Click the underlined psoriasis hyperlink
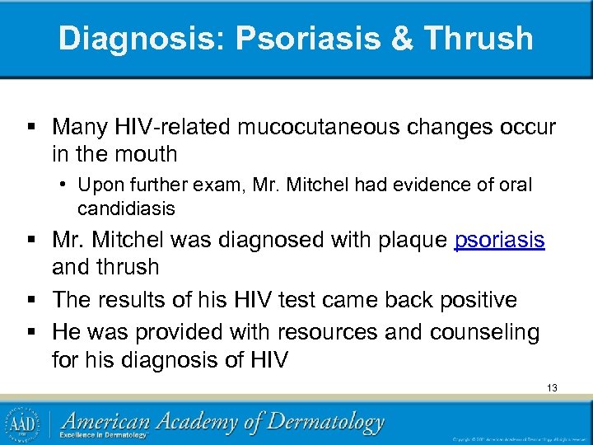click(500, 241)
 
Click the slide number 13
click(551, 386)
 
